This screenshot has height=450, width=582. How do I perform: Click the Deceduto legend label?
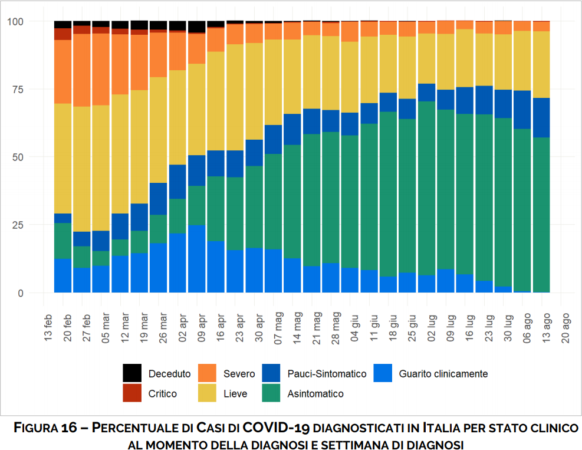point(169,374)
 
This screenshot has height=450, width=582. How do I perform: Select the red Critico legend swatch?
point(132,393)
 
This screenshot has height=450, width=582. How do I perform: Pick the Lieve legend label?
point(235,393)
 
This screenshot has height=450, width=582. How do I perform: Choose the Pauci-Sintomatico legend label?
point(327,374)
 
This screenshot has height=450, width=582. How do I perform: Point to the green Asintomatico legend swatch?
point(271,393)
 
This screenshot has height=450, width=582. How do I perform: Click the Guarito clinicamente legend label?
point(443,374)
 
